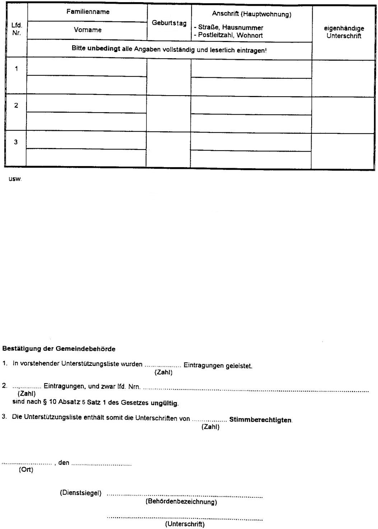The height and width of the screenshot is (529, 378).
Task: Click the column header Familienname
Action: (x=88, y=12)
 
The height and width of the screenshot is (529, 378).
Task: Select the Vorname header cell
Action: (x=88, y=30)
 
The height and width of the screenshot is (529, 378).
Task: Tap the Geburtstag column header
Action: (x=169, y=23)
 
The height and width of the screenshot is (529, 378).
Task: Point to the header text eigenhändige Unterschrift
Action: (x=344, y=32)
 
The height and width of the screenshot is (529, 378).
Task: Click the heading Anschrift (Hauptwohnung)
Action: (x=251, y=14)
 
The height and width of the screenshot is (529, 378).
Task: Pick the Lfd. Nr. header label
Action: (x=17, y=29)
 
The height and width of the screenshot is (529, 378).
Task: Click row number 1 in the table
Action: (x=16, y=69)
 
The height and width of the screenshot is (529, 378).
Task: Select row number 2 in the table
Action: (x=16, y=106)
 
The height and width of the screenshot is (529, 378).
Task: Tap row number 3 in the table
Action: (x=16, y=142)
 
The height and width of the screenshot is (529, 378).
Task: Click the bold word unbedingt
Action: (x=104, y=50)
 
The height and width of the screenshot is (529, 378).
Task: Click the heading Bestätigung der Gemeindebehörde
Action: (x=59, y=349)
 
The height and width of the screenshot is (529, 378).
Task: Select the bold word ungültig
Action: (x=164, y=403)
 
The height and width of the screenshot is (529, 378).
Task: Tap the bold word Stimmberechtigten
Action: (x=260, y=420)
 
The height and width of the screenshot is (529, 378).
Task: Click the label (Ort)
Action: (x=26, y=470)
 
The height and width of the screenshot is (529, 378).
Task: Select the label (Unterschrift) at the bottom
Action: (x=185, y=524)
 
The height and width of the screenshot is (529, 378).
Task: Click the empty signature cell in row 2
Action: (x=344, y=115)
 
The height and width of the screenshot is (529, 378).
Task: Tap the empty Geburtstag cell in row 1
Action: (x=169, y=77)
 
